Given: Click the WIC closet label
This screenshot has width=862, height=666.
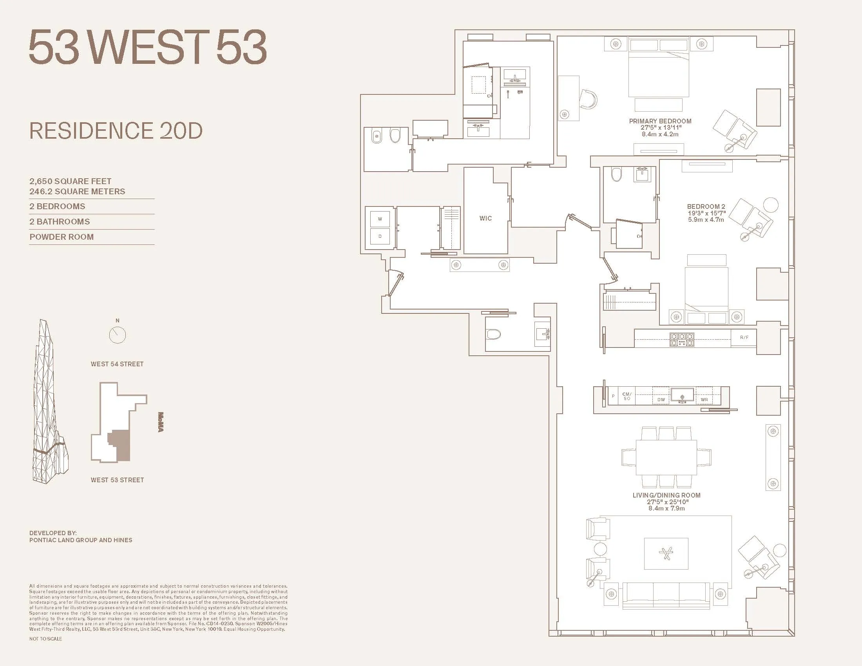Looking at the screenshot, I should pos(485,218).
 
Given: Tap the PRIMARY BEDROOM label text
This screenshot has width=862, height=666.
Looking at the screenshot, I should pos(660,121).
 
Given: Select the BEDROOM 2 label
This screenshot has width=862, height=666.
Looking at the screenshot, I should pos(706,206).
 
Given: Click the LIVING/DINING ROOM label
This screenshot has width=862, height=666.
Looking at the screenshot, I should pos(666,495).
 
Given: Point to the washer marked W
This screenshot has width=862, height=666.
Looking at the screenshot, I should pos(380,219).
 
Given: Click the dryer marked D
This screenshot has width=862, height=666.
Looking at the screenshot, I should pos(380,236).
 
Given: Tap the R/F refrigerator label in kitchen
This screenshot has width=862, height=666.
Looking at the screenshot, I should pos(744,337).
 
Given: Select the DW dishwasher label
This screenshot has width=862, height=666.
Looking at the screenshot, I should pos(661,400).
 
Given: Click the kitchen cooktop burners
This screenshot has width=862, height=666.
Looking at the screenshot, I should pos(682,340).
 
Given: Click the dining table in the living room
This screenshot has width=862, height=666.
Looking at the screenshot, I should pos(666,458).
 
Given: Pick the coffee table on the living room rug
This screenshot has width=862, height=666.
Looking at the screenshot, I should pos(666,554).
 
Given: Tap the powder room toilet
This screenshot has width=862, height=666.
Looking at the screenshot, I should pos(493,335).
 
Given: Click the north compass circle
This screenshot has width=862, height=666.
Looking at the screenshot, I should pos(117,335).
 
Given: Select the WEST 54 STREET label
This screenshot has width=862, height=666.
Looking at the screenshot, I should pos(117,364).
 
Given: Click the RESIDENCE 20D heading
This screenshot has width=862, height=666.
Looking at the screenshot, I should pos(116,131).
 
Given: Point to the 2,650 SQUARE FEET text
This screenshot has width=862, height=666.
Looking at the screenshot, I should pos(70,181).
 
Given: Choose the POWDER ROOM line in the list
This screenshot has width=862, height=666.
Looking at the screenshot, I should pos(62,237).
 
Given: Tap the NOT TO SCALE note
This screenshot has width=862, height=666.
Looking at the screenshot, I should pos(45,639).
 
